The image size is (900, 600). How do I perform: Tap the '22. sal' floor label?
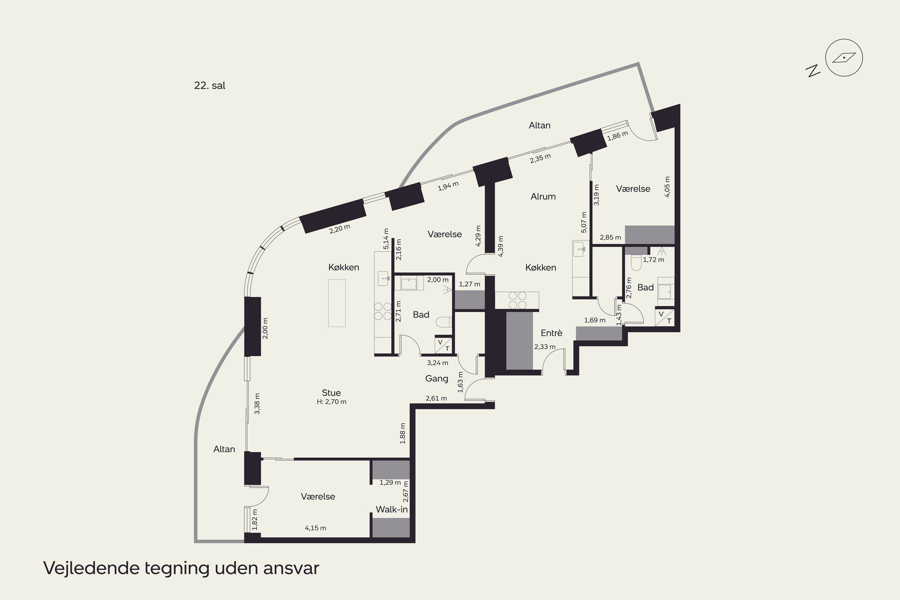click(209, 85)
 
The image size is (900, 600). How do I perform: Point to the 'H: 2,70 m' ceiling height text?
click(331, 402)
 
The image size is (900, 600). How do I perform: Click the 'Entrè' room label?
click(551, 333)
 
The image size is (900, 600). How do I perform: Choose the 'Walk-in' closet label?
click(392, 509)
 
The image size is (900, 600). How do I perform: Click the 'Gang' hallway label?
click(436, 378)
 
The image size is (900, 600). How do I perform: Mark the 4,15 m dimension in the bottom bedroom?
click(315, 528)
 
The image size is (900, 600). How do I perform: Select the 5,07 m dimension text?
click(584, 222)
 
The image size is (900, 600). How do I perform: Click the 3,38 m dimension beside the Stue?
click(257, 404)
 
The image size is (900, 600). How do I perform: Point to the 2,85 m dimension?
click(610, 237)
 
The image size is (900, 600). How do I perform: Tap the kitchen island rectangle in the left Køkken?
click(337, 303)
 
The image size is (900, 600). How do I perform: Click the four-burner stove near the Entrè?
click(517, 300)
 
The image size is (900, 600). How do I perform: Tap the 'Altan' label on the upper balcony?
click(539, 125)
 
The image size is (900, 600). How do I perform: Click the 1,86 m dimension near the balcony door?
click(618, 136)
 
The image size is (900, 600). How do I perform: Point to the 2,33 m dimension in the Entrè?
click(545, 347)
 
